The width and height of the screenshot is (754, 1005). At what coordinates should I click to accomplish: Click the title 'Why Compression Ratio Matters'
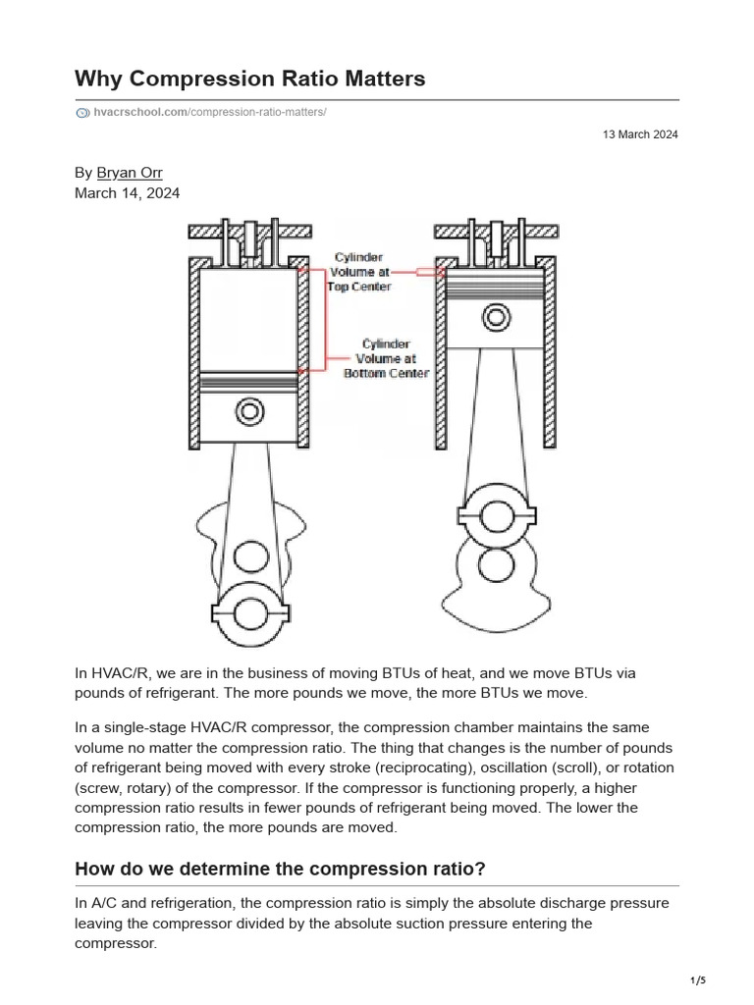tap(249, 79)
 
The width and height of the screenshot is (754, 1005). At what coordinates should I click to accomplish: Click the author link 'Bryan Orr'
tap(130, 173)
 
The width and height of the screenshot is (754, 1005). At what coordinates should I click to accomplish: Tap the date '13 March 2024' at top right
tap(640, 134)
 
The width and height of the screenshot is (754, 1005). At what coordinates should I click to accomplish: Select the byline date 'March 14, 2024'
tap(127, 193)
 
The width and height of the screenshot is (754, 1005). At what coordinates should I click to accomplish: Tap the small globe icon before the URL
tap(82, 113)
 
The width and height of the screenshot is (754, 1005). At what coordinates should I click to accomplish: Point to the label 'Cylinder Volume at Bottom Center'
tap(386, 358)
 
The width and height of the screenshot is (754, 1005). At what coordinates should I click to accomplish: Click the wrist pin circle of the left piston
tap(249, 410)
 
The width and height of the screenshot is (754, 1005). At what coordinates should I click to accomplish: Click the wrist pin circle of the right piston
tap(496, 316)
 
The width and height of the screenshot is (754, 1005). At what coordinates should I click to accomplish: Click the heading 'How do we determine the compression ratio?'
tap(280, 870)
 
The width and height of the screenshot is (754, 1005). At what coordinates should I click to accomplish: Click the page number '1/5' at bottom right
tap(698, 980)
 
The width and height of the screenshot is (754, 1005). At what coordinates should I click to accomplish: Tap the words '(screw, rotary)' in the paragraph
tap(125, 788)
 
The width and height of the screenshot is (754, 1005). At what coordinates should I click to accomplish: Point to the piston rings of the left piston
tap(248, 381)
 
